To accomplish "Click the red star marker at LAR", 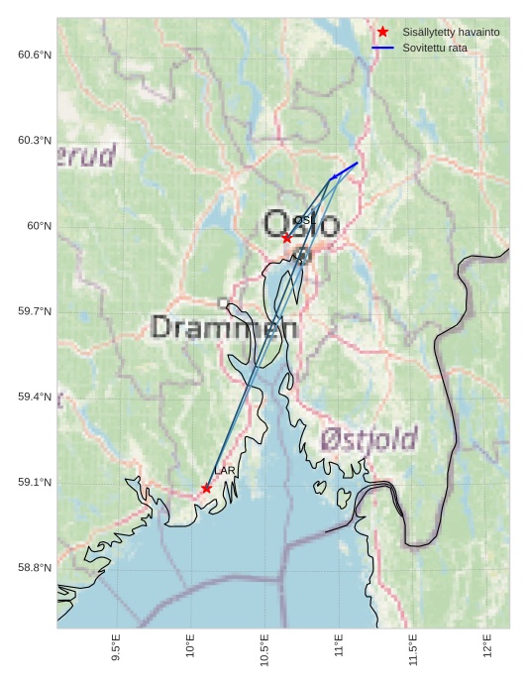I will point(206,488).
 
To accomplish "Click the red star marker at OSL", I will point(286,238).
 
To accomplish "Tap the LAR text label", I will point(225,470).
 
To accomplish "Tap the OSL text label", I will point(303,220).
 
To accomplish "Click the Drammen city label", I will point(224,327).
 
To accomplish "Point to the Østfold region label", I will point(369,438).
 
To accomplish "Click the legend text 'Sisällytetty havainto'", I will point(451,32).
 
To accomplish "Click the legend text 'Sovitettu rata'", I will point(435,48).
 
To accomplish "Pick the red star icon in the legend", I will point(382,32).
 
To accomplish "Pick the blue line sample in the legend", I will point(382,48).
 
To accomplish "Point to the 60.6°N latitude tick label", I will point(34,55).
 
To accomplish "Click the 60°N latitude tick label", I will point(39,226).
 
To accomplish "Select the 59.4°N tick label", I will point(34,397).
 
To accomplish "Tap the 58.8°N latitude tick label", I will point(34,568).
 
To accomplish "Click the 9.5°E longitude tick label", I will point(116,648).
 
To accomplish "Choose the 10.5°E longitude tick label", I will point(264,650).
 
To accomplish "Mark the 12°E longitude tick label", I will point(487,645).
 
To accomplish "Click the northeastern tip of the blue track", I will point(358,163).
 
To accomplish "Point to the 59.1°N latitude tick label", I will point(34,483).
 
